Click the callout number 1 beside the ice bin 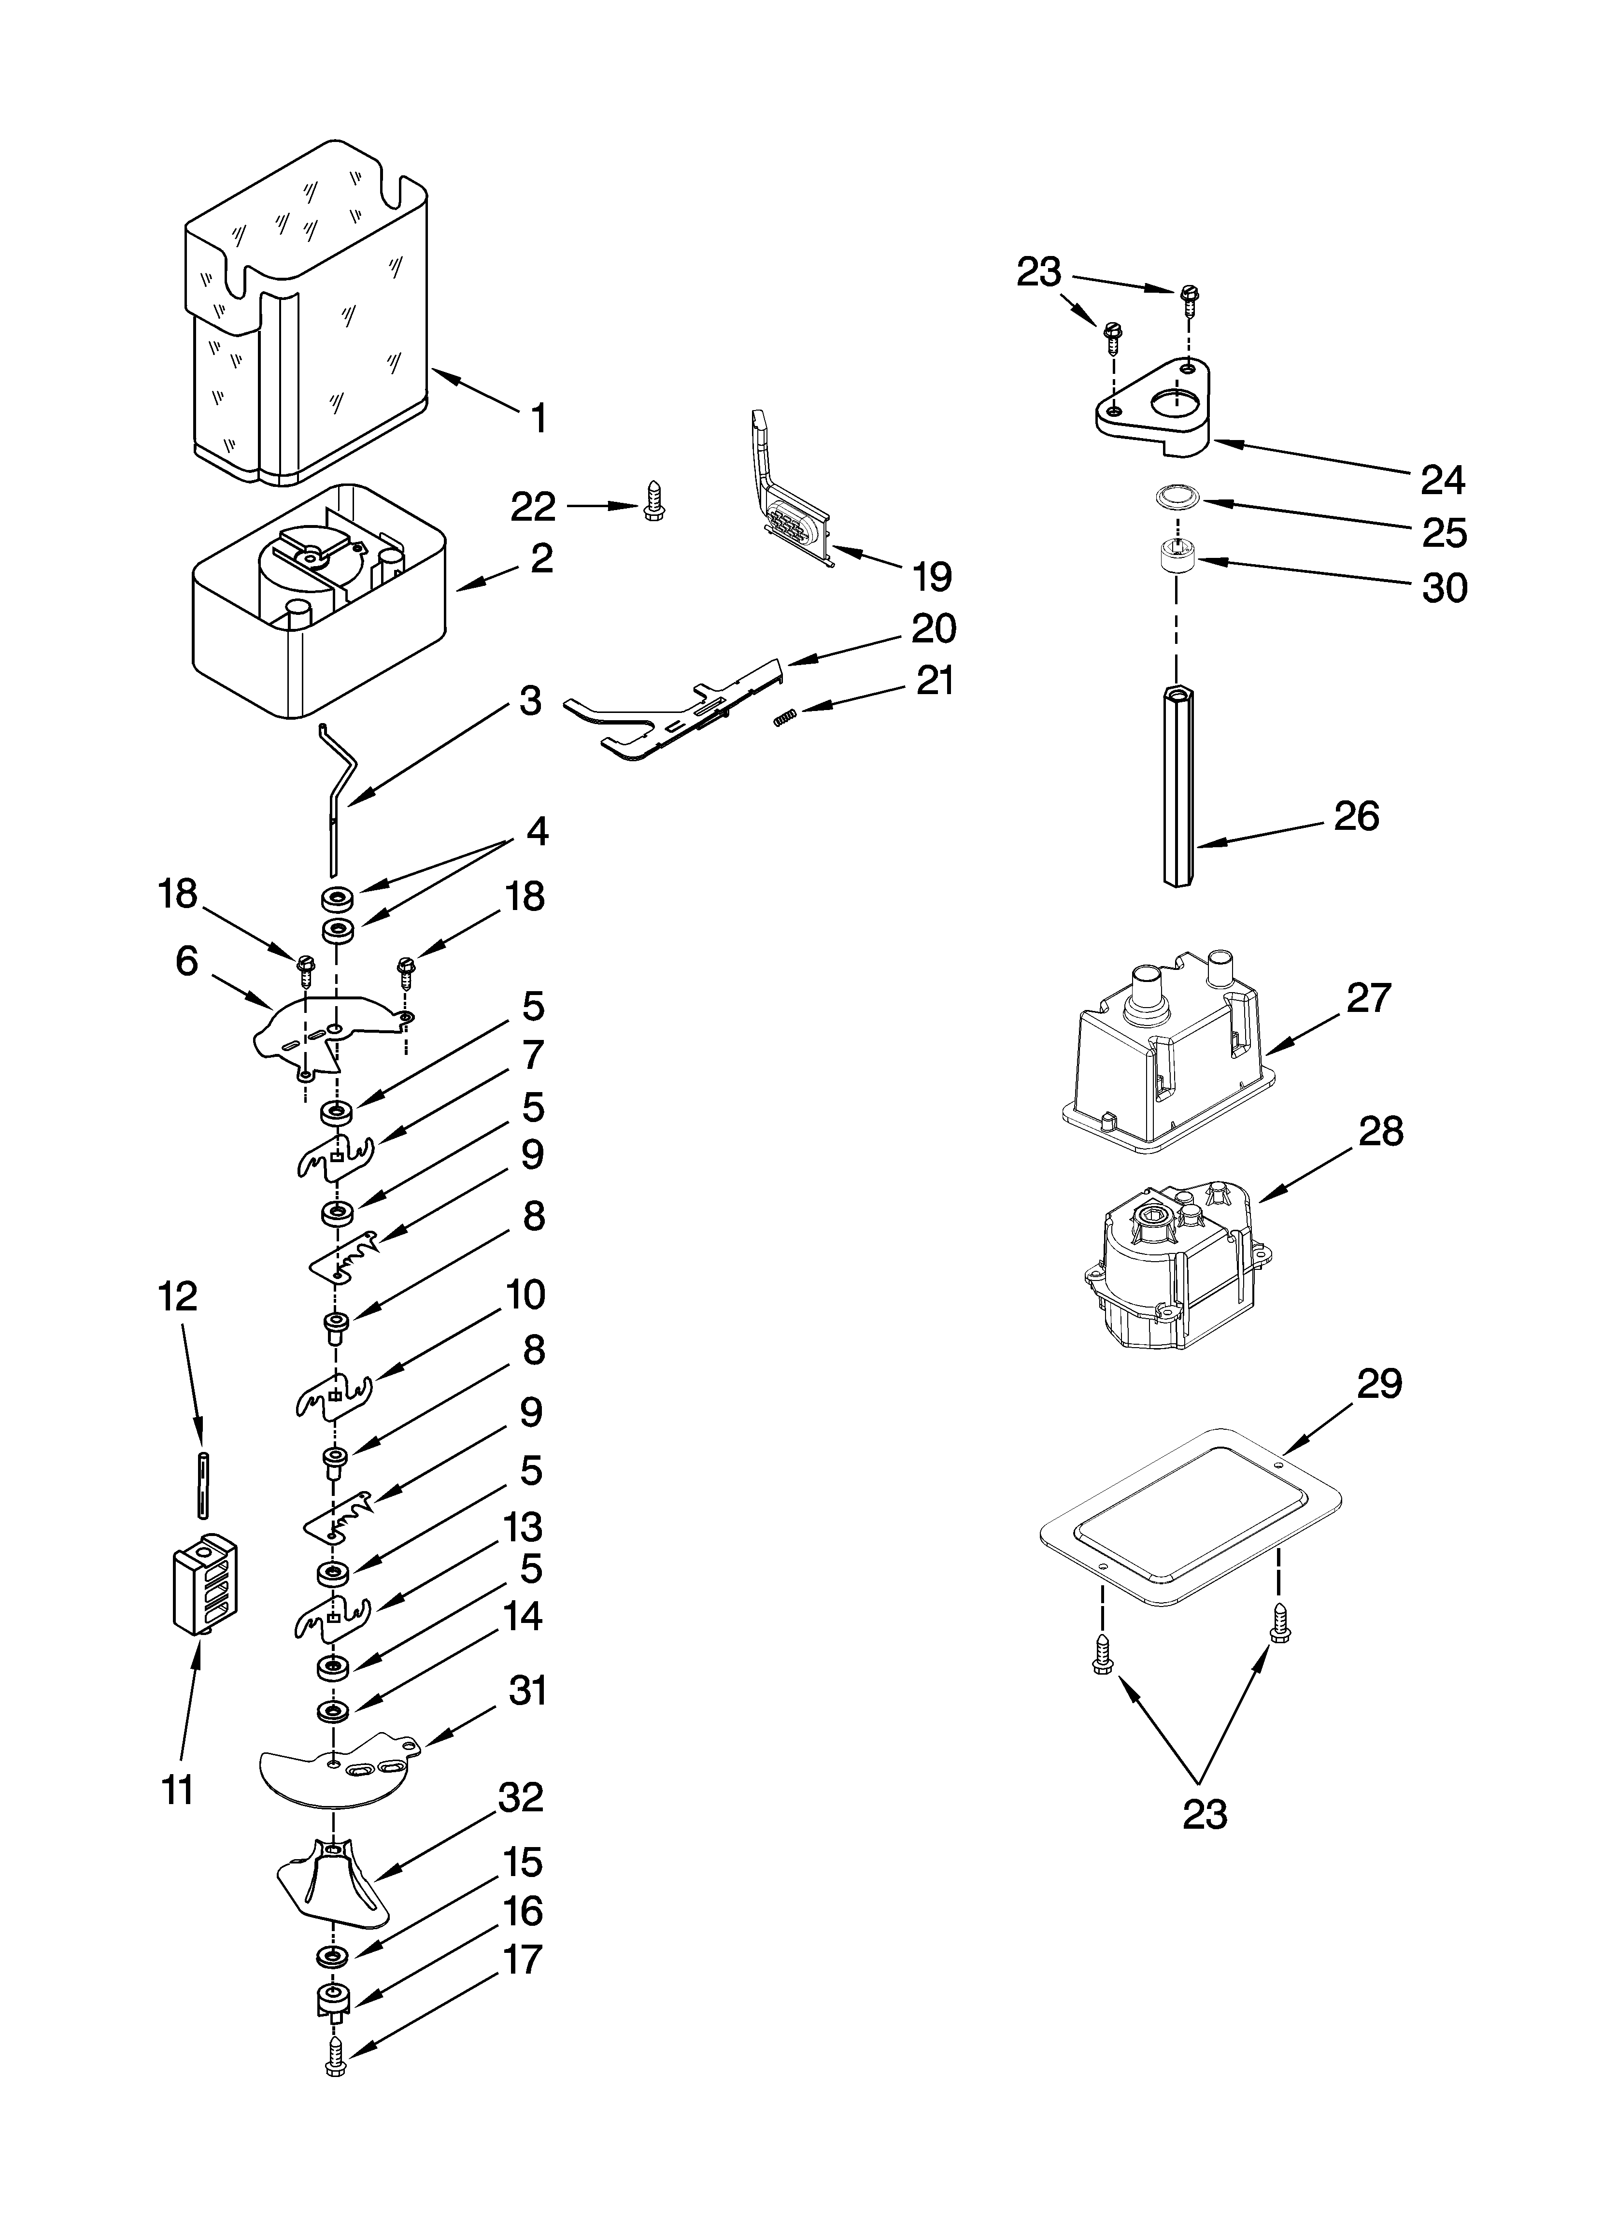pyautogui.click(x=538, y=418)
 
